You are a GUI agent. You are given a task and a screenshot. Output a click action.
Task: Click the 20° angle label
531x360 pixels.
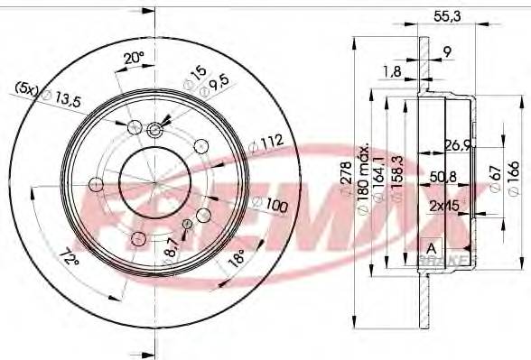click(x=133, y=58)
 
